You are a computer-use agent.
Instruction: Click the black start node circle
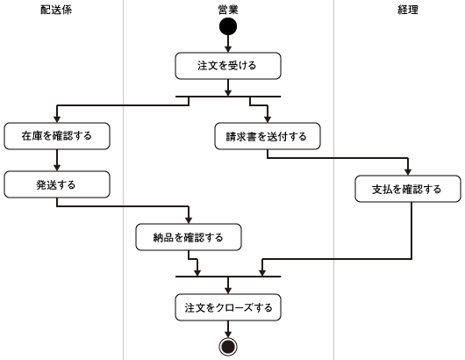(x=228, y=26)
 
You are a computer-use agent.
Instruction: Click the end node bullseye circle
(x=228, y=347)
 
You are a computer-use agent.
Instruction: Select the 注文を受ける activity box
(x=228, y=66)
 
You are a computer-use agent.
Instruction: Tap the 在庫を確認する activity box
(x=57, y=136)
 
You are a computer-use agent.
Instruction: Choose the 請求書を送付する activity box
(x=268, y=136)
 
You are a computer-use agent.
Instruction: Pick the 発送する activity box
(x=57, y=184)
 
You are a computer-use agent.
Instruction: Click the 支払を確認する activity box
(x=408, y=189)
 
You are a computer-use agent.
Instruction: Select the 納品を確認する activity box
(x=189, y=237)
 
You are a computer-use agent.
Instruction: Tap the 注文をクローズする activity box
(x=228, y=307)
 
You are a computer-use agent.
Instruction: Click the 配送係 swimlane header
(x=56, y=10)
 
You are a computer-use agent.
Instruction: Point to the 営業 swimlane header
(x=228, y=10)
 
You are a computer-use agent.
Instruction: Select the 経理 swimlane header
(x=408, y=10)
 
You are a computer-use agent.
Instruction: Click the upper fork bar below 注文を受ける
(x=228, y=97)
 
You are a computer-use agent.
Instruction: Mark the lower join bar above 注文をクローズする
(x=228, y=277)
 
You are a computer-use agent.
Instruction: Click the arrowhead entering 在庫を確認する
(x=57, y=119)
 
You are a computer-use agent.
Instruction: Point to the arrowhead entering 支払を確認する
(x=408, y=172)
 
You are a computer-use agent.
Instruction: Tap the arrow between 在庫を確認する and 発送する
(x=57, y=161)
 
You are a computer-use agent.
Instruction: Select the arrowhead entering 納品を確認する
(x=189, y=220)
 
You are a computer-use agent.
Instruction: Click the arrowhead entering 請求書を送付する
(x=268, y=119)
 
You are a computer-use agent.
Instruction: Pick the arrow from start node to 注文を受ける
(x=228, y=44)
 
